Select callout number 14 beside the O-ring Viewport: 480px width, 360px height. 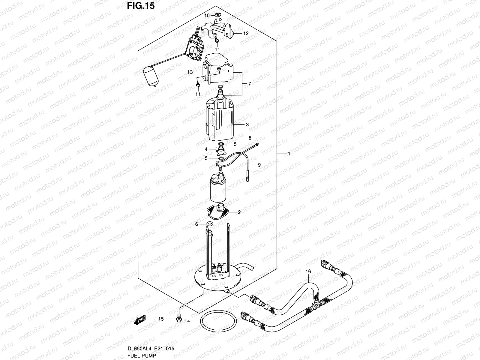pyautogui.click(x=187, y=321)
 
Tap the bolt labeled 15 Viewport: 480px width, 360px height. pyautogui.click(x=179, y=317)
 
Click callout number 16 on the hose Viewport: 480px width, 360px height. pyautogui.click(x=308, y=271)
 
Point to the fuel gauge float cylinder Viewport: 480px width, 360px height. pyautogui.click(x=151, y=77)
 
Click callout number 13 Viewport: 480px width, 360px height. pyautogui.click(x=190, y=72)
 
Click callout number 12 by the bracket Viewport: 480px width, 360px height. pyautogui.click(x=246, y=34)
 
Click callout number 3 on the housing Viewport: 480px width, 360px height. pyautogui.click(x=247, y=124)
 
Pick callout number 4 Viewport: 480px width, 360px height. pyautogui.click(x=206, y=149)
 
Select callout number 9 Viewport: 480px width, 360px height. pyautogui.click(x=259, y=164)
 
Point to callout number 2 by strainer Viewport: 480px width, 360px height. pyautogui.click(x=239, y=212)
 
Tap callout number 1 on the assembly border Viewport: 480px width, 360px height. pyautogui.click(x=289, y=154)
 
